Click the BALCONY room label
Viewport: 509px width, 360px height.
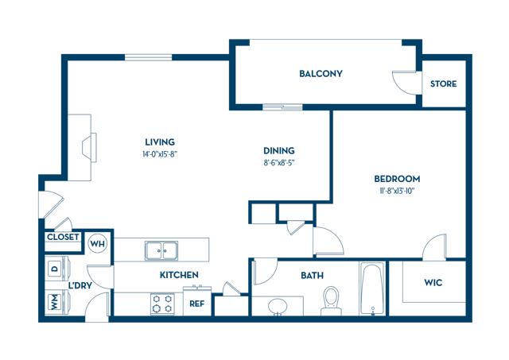[x=321, y=74]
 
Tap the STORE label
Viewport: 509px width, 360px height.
[x=444, y=84]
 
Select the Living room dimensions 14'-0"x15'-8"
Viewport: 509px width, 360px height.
[x=160, y=154]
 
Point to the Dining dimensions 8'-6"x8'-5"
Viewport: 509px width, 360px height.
[x=279, y=163]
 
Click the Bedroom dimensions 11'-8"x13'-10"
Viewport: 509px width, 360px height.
[x=397, y=191]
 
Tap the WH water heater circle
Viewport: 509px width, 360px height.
[x=98, y=243]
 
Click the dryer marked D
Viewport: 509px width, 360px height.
[x=56, y=269]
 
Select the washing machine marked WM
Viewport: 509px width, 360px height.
[x=56, y=302]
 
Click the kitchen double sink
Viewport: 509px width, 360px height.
[x=161, y=250]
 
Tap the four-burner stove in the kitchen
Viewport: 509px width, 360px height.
[x=162, y=304]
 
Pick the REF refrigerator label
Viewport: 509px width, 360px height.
[x=197, y=304]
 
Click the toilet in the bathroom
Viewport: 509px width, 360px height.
[x=331, y=300]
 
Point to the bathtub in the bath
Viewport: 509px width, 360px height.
[x=373, y=289]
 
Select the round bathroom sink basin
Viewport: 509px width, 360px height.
[x=278, y=306]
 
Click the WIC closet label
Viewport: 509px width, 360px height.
[x=433, y=283]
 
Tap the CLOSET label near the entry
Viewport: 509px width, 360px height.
[x=63, y=237]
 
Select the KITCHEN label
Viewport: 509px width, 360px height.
[x=179, y=275]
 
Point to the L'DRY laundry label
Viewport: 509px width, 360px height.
[x=80, y=286]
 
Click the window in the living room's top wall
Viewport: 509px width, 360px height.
[x=149, y=57]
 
